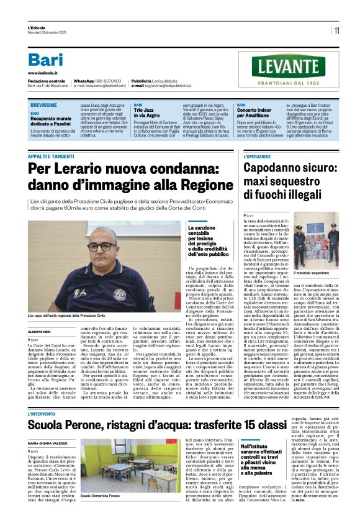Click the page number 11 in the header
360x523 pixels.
(336, 30)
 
